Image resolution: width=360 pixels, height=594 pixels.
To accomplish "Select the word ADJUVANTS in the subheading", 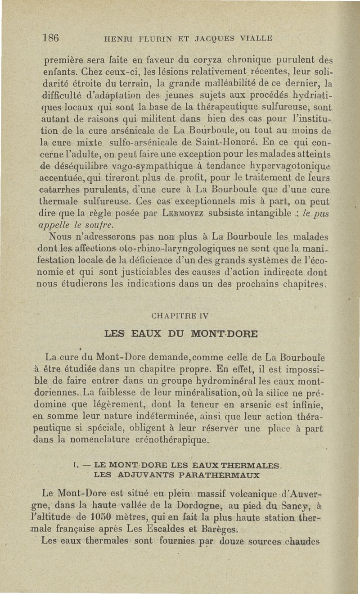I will click(x=146, y=474).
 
